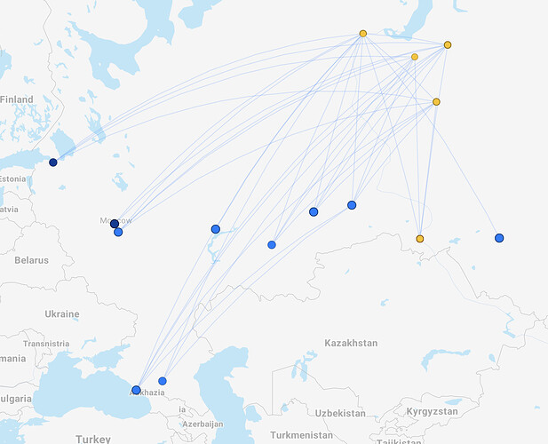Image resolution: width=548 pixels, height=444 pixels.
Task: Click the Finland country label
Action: click(x=17, y=99)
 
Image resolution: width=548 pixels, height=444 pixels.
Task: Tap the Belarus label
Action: click(x=32, y=260)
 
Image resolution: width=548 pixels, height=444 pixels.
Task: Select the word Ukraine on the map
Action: click(x=61, y=313)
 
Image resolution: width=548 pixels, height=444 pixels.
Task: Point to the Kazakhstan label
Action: click(x=351, y=343)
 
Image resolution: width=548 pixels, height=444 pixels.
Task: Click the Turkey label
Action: click(x=92, y=439)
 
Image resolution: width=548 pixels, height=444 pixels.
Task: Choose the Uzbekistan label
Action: click(x=339, y=413)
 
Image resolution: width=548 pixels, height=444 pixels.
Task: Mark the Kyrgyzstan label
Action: click(x=432, y=413)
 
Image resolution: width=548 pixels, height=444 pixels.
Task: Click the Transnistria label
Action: click(x=45, y=344)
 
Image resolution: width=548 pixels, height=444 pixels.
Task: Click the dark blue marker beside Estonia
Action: click(x=53, y=163)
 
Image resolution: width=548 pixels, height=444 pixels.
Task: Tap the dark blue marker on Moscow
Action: click(x=115, y=224)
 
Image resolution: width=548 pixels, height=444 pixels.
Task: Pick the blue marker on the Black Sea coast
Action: click(x=136, y=390)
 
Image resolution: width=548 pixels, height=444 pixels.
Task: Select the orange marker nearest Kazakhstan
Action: click(x=420, y=239)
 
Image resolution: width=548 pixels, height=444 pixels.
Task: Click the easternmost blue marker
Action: click(x=499, y=238)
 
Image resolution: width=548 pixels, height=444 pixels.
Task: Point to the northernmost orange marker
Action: click(x=363, y=34)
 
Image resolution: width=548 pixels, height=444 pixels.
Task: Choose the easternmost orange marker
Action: click(x=448, y=44)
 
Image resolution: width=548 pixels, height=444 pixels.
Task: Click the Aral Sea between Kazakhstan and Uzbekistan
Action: click(x=303, y=364)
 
